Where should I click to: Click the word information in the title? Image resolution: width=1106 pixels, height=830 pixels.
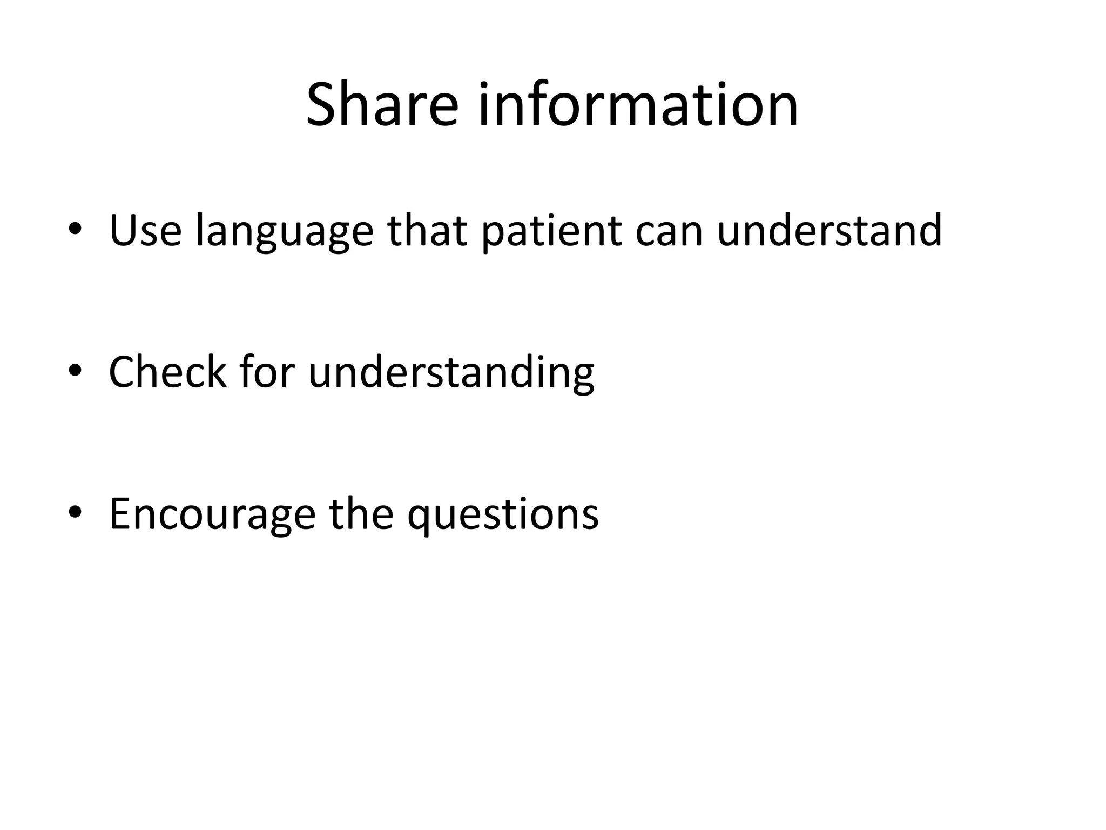click(x=638, y=105)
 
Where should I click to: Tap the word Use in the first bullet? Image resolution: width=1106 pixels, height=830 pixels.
click(x=145, y=231)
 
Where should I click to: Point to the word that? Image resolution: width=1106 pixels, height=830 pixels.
click(x=427, y=231)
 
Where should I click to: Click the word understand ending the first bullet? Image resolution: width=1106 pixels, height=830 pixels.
click(x=829, y=231)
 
